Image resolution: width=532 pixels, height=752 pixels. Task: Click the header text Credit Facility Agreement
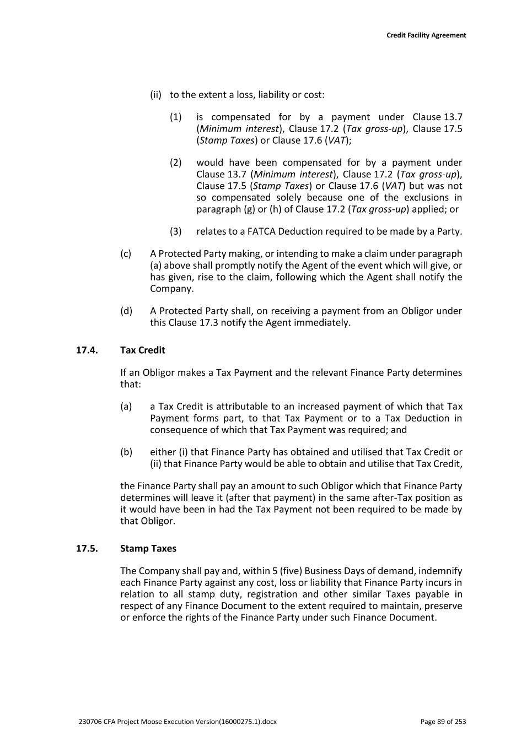pos(426,35)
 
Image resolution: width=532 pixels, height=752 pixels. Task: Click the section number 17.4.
pos(87,350)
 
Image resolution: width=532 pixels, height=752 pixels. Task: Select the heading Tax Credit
pos(142,350)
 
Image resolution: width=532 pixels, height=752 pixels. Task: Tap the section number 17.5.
pos(87,549)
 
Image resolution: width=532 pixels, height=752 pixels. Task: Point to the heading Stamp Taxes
pos(148,549)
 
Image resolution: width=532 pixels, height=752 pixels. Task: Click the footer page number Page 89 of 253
pos(443,722)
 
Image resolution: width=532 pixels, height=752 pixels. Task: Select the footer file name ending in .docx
pos(178,722)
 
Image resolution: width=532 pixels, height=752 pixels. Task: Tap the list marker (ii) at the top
pos(155,95)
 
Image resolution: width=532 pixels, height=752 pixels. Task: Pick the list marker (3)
pos(175,231)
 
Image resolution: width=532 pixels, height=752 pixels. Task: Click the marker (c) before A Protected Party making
pos(126,254)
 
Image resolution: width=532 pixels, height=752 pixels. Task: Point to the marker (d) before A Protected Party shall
pos(126,311)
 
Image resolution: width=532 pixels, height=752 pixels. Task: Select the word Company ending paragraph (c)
pos(171,289)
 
